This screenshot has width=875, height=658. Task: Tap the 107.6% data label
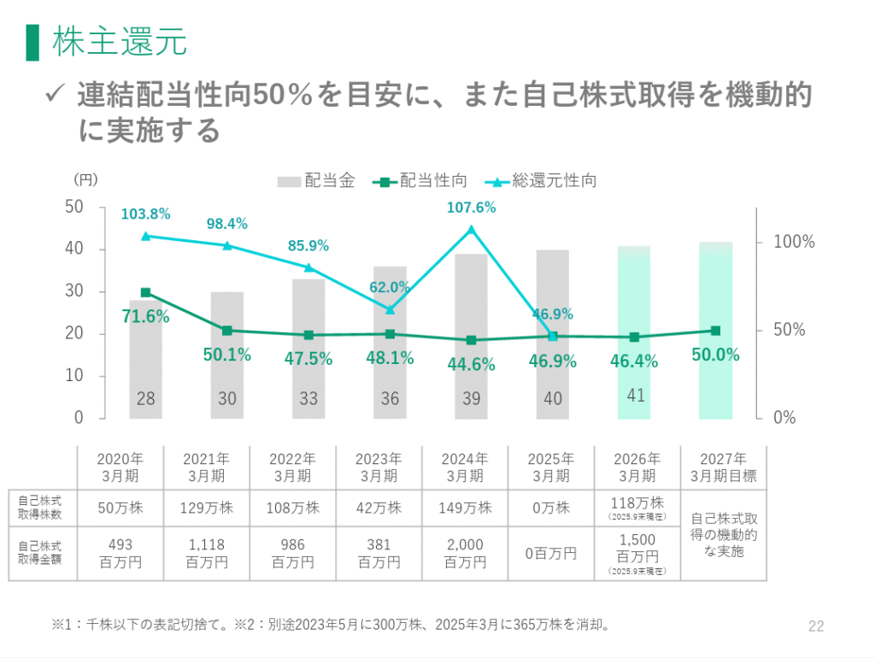tap(471, 207)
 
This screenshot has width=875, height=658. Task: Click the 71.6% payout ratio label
tap(145, 317)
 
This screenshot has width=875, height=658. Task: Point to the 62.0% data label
tap(391, 287)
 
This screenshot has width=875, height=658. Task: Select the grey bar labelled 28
tap(145, 359)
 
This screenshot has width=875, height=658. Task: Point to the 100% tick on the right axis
tap(794, 243)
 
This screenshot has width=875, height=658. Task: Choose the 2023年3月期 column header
tap(379, 467)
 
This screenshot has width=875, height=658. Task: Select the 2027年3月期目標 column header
tap(722, 467)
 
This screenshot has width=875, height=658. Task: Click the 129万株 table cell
tap(206, 508)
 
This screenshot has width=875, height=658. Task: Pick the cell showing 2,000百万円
tap(465, 553)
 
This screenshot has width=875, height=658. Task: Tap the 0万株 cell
tap(551, 508)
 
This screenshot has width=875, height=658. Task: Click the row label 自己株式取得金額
tap(42, 553)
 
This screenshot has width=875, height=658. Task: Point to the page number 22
tap(815, 626)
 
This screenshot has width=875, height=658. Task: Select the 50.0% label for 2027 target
tap(716, 355)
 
